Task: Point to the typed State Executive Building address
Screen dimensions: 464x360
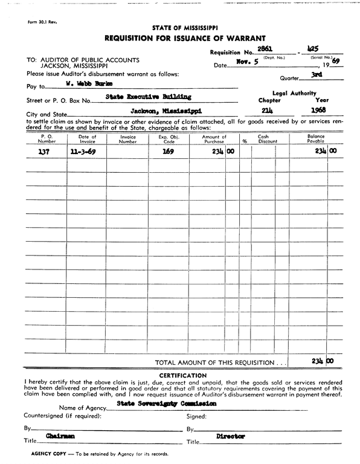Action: click(148, 97)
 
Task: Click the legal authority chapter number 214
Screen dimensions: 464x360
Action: click(268, 111)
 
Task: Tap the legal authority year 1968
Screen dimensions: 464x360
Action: click(318, 111)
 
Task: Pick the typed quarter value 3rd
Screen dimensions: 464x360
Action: click(315, 74)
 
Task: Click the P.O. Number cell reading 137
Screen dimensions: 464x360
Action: click(43, 153)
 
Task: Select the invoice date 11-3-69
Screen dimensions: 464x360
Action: click(82, 153)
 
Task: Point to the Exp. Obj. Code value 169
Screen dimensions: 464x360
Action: click(167, 153)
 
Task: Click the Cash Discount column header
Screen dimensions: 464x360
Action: click(268, 140)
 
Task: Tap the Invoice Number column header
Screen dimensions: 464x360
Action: click(127, 140)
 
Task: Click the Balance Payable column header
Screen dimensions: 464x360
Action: click(316, 140)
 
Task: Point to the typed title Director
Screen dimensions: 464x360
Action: click(230, 436)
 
